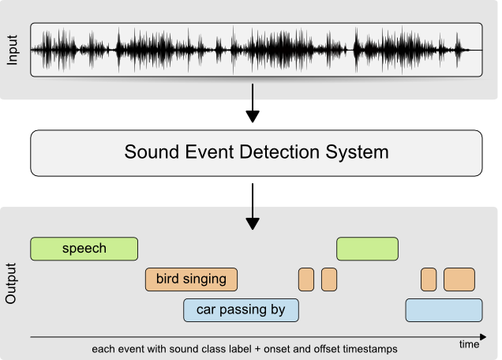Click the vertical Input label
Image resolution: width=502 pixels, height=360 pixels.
[x=12, y=50]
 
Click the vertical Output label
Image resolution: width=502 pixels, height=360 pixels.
[x=11, y=283]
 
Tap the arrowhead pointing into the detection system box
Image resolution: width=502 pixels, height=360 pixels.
[x=253, y=116]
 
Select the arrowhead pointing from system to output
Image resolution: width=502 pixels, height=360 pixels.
[x=253, y=223]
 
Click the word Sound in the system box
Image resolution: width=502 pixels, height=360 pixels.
[x=152, y=152]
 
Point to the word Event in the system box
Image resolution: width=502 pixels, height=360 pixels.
[x=209, y=152]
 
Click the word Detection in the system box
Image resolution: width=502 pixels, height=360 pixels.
[x=279, y=152]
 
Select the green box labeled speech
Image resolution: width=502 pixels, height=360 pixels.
[x=84, y=249]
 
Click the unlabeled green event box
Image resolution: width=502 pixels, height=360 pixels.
[x=368, y=249]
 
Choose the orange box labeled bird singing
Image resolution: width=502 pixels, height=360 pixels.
[x=192, y=279]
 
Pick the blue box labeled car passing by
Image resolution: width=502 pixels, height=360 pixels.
[x=241, y=310]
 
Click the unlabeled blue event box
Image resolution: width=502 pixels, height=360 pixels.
[x=444, y=310]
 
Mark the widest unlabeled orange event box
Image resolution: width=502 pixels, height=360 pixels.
[x=459, y=279]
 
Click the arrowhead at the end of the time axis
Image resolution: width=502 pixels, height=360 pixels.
[x=483, y=337]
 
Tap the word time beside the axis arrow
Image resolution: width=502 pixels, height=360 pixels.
[x=470, y=345]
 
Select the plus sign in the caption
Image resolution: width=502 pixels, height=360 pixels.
[x=257, y=350]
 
